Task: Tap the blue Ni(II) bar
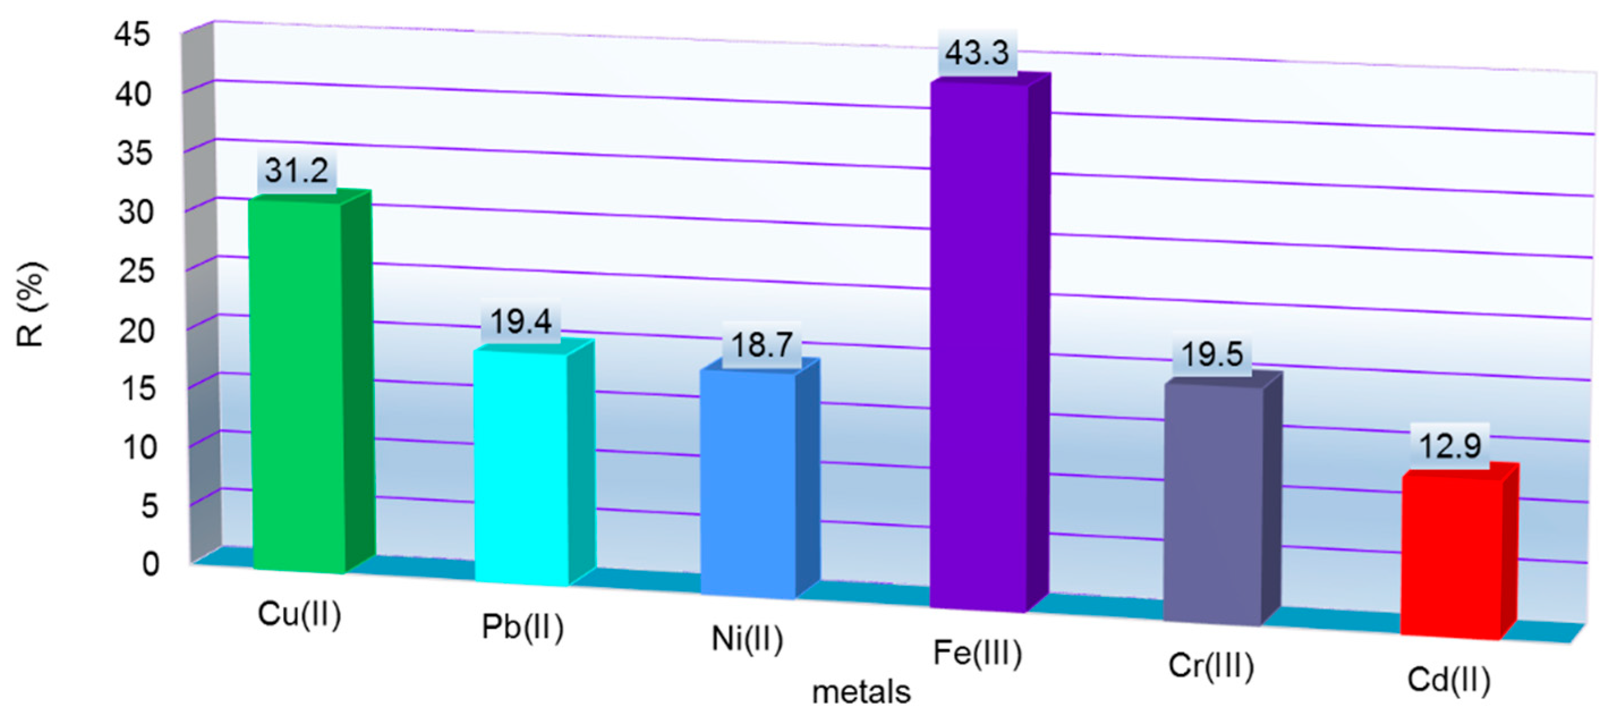pos(748,482)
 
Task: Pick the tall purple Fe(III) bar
pos(978,343)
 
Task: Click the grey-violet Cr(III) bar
pos(1213,504)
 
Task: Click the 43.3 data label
pos(977,52)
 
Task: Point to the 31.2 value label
pos(296,170)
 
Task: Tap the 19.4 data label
pos(521,322)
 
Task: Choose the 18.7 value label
pos(761,345)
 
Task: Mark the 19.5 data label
pos(1212,354)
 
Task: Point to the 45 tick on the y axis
pos(133,34)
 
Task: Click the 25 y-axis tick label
pos(136,271)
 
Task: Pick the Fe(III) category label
pos(977,653)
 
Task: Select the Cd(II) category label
pos(1449,680)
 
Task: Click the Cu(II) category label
pos(299,614)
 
